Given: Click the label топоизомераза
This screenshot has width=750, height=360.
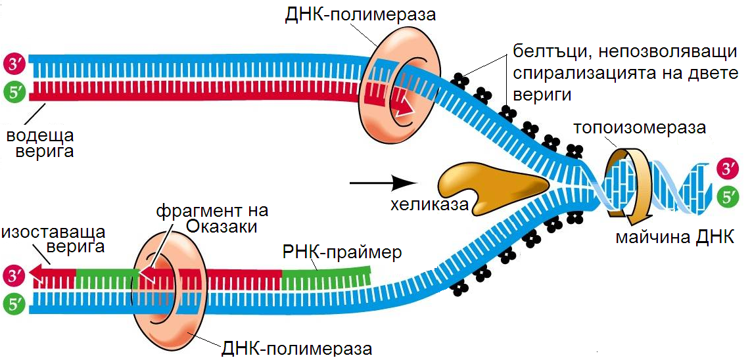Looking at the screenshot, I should (639, 127).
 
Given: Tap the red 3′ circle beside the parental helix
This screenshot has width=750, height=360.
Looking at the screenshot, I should (727, 168).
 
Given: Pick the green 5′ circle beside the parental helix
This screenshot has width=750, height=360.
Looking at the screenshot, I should (727, 195).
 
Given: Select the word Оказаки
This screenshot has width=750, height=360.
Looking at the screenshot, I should (218, 226).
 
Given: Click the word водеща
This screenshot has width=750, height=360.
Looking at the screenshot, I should (39, 136).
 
